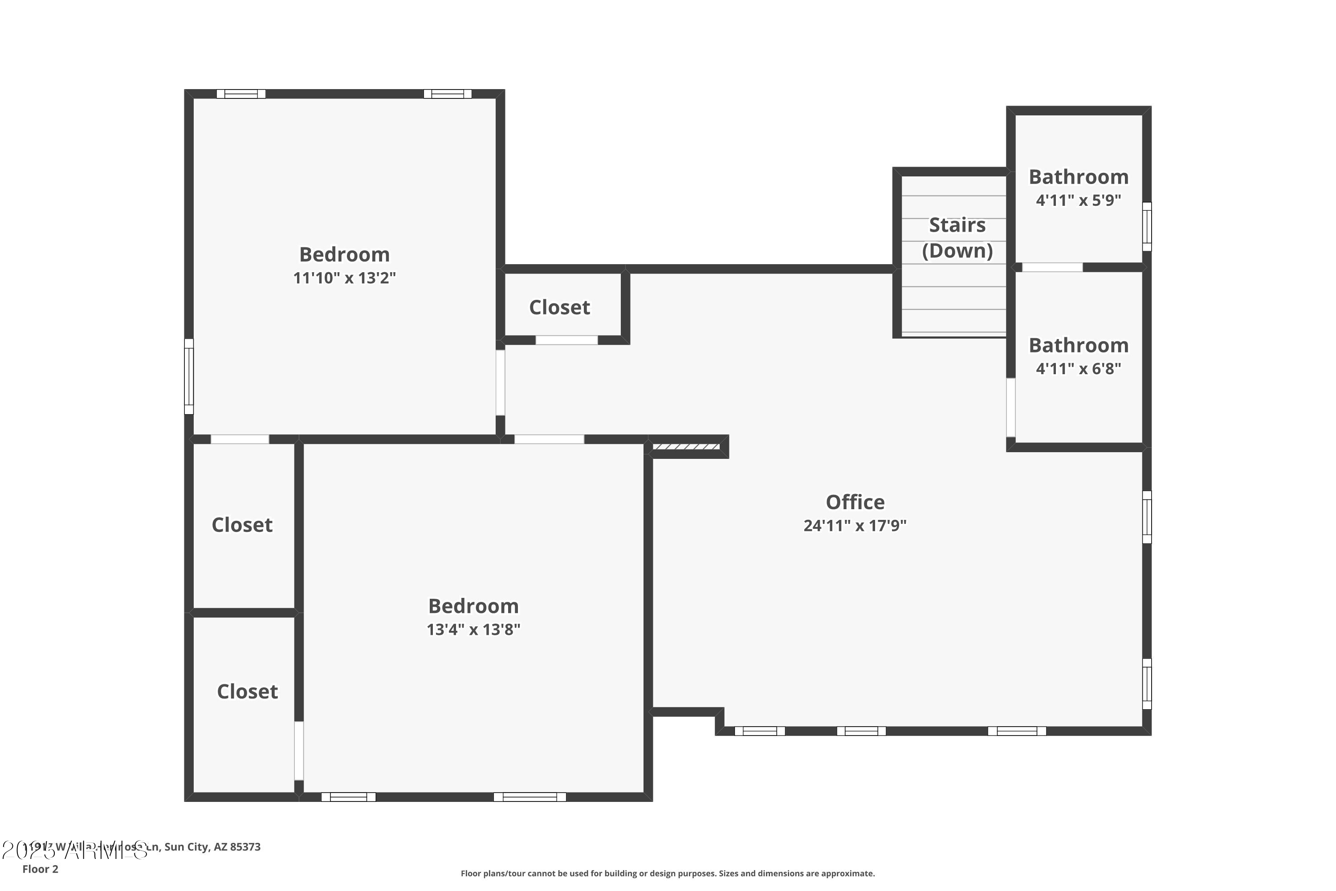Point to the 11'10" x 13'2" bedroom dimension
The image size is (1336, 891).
point(344,278)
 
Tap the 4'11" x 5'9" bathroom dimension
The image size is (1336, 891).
point(1078,200)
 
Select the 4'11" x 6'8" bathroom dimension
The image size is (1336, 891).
point(1078,369)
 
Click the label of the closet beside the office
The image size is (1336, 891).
point(559,307)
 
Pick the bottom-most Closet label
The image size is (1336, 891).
point(247,691)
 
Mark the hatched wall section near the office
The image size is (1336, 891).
point(686,447)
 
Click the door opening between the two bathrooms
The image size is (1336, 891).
point(1052,267)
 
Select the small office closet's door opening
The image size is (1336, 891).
point(566,340)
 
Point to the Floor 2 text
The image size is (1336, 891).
point(41,869)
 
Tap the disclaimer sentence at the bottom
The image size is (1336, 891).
point(668,873)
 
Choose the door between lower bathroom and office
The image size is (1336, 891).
point(1011,408)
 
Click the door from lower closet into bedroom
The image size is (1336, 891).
point(299,751)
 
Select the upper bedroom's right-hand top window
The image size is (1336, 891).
point(448,94)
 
